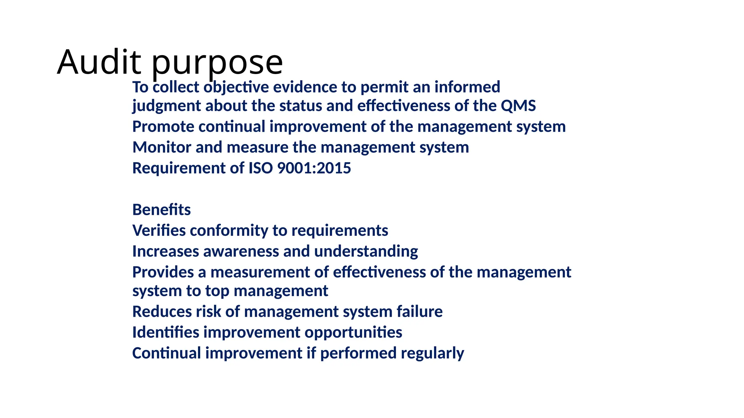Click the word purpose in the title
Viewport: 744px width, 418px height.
pos(217,63)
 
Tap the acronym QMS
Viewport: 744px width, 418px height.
pos(518,106)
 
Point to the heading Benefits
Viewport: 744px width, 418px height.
pos(161,210)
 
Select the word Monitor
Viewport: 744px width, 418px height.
pos(162,147)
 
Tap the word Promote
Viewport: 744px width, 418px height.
pos(163,127)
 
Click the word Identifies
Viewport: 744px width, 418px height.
pos(166,332)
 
